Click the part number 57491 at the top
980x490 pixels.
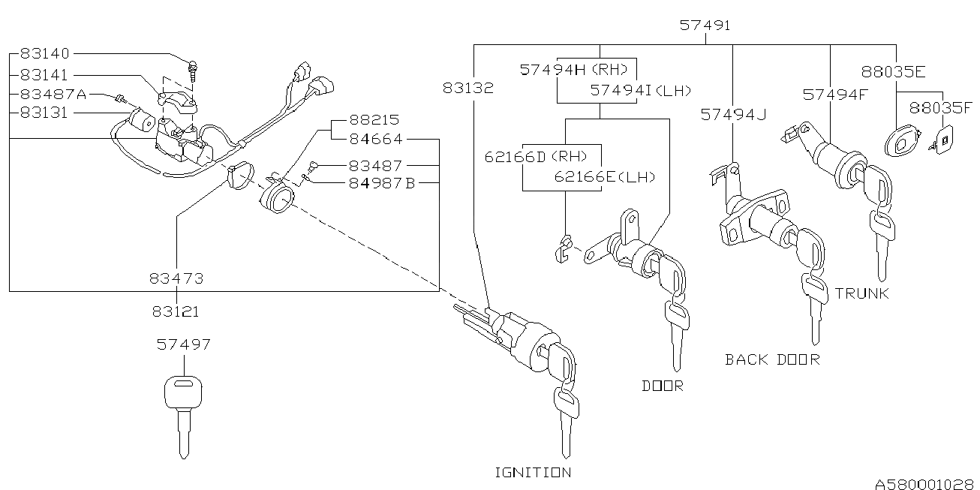[705, 26]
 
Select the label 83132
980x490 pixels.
[467, 88]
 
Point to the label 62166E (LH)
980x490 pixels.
[605, 178]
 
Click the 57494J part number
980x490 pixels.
[734, 114]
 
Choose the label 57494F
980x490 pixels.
[834, 95]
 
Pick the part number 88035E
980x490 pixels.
[893, 73]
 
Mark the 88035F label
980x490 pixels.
[940, 108]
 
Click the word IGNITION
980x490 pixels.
[533, 472]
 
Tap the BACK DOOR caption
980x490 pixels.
[772, 359]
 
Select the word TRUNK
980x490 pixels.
[861, 293]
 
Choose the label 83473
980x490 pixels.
[176, 278]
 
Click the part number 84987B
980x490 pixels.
[381, 184]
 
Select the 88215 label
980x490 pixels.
[374, 121]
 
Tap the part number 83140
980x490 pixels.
[44, 54]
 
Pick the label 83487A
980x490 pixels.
[53, 95]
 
